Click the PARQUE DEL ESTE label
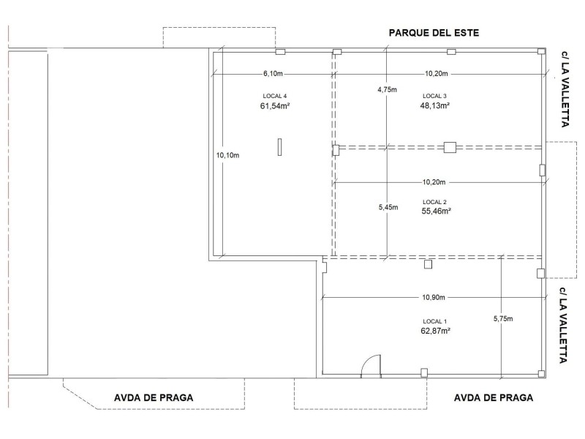(434, 33)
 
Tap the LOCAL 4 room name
(275, 97)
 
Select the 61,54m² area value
(275, 106)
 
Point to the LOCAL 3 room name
(434, 96)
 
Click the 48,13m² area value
(434, 105)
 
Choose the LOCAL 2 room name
(434, 202)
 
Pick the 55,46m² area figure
(436, 211)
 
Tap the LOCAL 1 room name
(434, 321)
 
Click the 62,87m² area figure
(435, 331)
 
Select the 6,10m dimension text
(273, 74)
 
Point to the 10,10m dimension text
(228, 155)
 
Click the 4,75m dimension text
(388, 89)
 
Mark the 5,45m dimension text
(388, 208)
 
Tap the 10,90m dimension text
(434, 298)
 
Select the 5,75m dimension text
(503, 319)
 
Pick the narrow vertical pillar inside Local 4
(279, 147)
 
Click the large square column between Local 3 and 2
(450, 147)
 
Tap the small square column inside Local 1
(429, 264)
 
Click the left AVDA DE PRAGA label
(154, 398)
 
